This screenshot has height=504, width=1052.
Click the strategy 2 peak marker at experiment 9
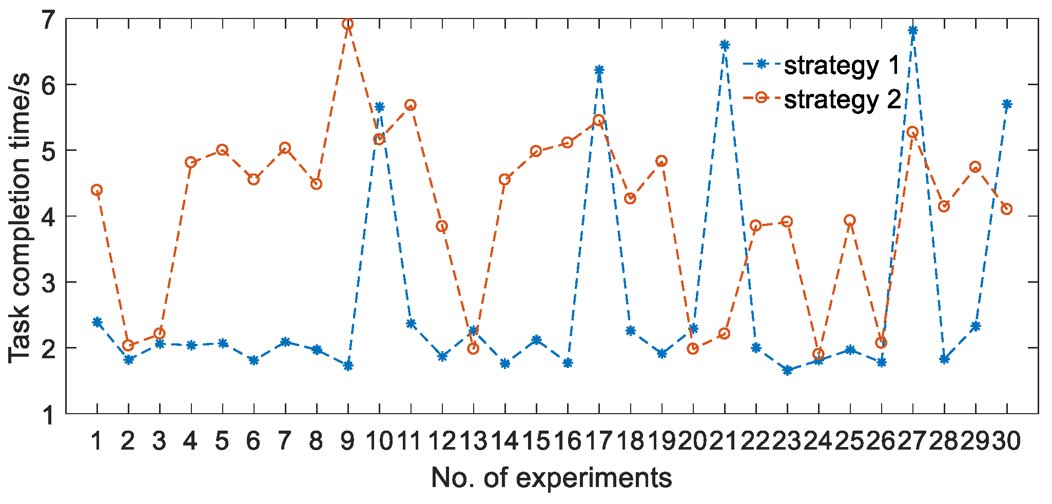pos(348,24)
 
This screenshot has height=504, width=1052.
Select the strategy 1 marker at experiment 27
pos(912,30)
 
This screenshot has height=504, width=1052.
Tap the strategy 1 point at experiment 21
pos(725,45)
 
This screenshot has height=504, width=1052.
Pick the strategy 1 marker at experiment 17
pos(599,70)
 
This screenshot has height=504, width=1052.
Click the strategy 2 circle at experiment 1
pos(96,190)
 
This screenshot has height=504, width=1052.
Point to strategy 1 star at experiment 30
pos(1007,105)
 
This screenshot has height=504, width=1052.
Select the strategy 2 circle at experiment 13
pos(473,348)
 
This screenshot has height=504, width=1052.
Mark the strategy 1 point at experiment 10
pos(379,107)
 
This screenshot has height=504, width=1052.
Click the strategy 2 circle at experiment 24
pos(819,354)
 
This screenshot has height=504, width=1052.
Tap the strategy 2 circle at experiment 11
pos(411,105)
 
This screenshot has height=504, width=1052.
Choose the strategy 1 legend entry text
pos(842,66)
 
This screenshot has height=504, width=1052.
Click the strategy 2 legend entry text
pos(842,99)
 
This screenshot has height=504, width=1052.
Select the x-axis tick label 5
pos(222,441)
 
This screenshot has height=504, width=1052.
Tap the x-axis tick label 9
pos(347,441)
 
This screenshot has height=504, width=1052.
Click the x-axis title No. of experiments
pos(551,478)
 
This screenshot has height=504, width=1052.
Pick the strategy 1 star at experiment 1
pos(96,322)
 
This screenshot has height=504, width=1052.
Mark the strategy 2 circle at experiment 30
pos(1006,209)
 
